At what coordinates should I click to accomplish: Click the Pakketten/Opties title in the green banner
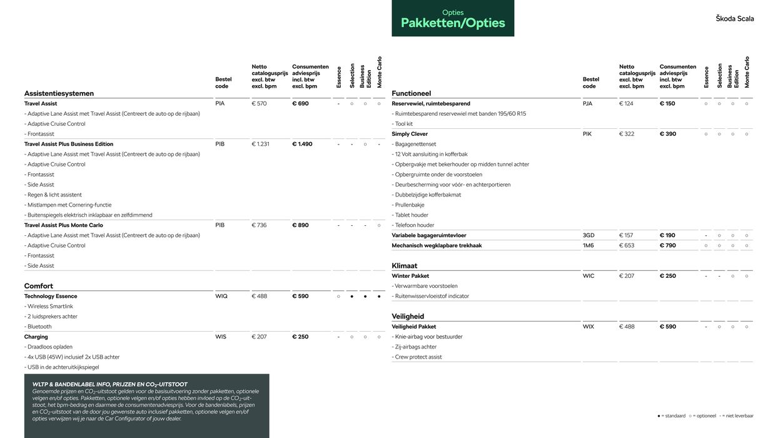453,23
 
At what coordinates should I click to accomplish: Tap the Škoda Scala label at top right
735,19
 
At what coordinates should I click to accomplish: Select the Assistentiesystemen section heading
59,93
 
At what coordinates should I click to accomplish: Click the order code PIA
220,104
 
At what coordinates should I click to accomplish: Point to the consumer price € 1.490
302,144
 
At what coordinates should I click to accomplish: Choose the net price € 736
260,225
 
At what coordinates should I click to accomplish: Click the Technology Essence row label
51,296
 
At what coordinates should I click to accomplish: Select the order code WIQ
221,296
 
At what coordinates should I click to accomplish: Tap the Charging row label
36,337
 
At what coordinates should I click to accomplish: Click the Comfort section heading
39,286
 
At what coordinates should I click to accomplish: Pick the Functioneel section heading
411,93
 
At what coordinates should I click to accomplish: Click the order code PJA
587,104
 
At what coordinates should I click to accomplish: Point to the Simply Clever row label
410,134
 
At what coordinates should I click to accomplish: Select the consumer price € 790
668,245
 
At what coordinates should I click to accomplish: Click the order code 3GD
589,235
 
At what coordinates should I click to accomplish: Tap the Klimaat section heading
404,266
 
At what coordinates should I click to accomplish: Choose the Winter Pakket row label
410,276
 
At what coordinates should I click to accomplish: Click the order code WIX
589,327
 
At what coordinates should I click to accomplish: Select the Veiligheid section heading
408,317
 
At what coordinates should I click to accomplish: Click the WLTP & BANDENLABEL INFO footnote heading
110,384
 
